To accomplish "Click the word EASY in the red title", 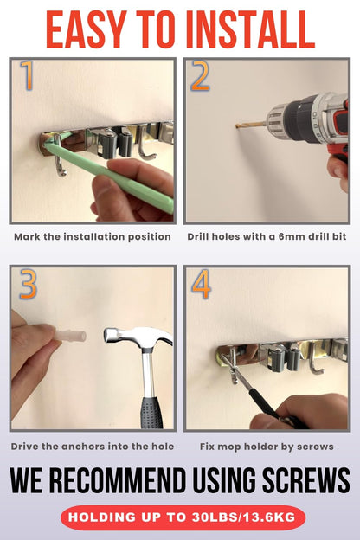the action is (87, 29).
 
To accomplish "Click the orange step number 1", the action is (27, 75).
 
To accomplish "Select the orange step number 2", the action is (200, 75).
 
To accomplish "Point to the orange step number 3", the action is (28, 285).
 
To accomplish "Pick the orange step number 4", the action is (201, 284).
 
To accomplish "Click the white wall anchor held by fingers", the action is (70, 336).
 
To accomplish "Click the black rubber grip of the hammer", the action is (151, 413).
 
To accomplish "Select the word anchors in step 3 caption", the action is (81, 447).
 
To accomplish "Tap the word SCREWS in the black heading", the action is (306, 480).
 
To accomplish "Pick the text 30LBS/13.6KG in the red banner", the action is (243, 517).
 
